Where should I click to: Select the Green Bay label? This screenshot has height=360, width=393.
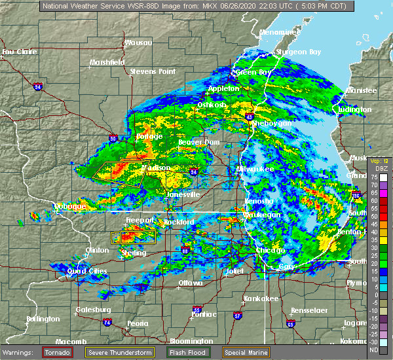coord(253,72)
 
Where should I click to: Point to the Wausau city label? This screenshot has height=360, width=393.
coord(138,43)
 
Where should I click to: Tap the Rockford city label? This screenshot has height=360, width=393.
coord(179,223)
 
